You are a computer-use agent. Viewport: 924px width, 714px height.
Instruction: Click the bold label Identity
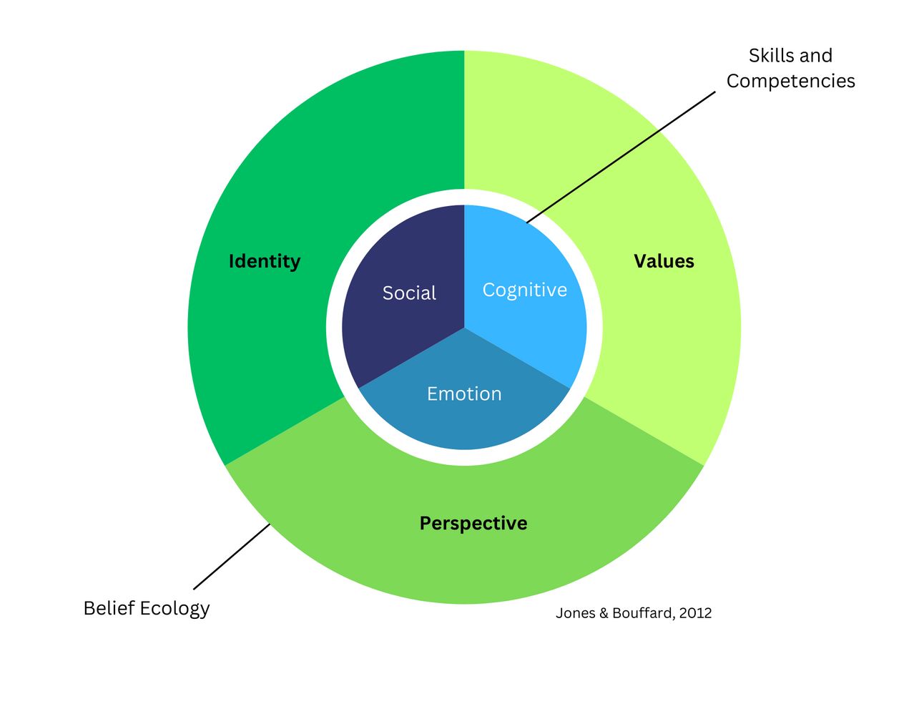[264, 261]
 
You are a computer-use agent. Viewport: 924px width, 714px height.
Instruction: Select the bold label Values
[664, 261]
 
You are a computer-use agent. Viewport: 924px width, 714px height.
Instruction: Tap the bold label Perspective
[473, 523]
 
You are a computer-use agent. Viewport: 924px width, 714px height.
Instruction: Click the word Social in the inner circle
[409, 293]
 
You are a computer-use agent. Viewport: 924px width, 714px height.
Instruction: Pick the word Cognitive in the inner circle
[524, 290]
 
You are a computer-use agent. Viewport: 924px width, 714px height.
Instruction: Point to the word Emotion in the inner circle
[464, 393]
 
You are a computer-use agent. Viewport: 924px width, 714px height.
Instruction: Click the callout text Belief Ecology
[147, 608]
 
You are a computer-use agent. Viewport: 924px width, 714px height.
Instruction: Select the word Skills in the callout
[770, 56]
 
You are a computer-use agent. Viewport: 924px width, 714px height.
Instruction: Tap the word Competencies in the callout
[790, 81]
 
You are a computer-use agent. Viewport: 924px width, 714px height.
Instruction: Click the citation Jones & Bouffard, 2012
[634, 613]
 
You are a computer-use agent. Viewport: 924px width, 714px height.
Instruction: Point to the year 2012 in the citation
[696, 613]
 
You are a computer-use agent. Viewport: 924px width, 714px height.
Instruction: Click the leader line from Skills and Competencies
[621, 157]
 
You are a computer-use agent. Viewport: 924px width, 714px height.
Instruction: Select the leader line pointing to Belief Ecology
[232, 556]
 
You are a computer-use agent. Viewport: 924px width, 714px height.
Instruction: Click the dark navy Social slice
[400, 329]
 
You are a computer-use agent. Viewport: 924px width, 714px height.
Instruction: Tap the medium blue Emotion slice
[464, 422]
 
